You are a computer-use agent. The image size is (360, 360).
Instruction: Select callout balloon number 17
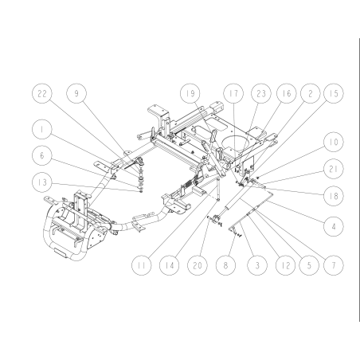[x=233, y=95]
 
